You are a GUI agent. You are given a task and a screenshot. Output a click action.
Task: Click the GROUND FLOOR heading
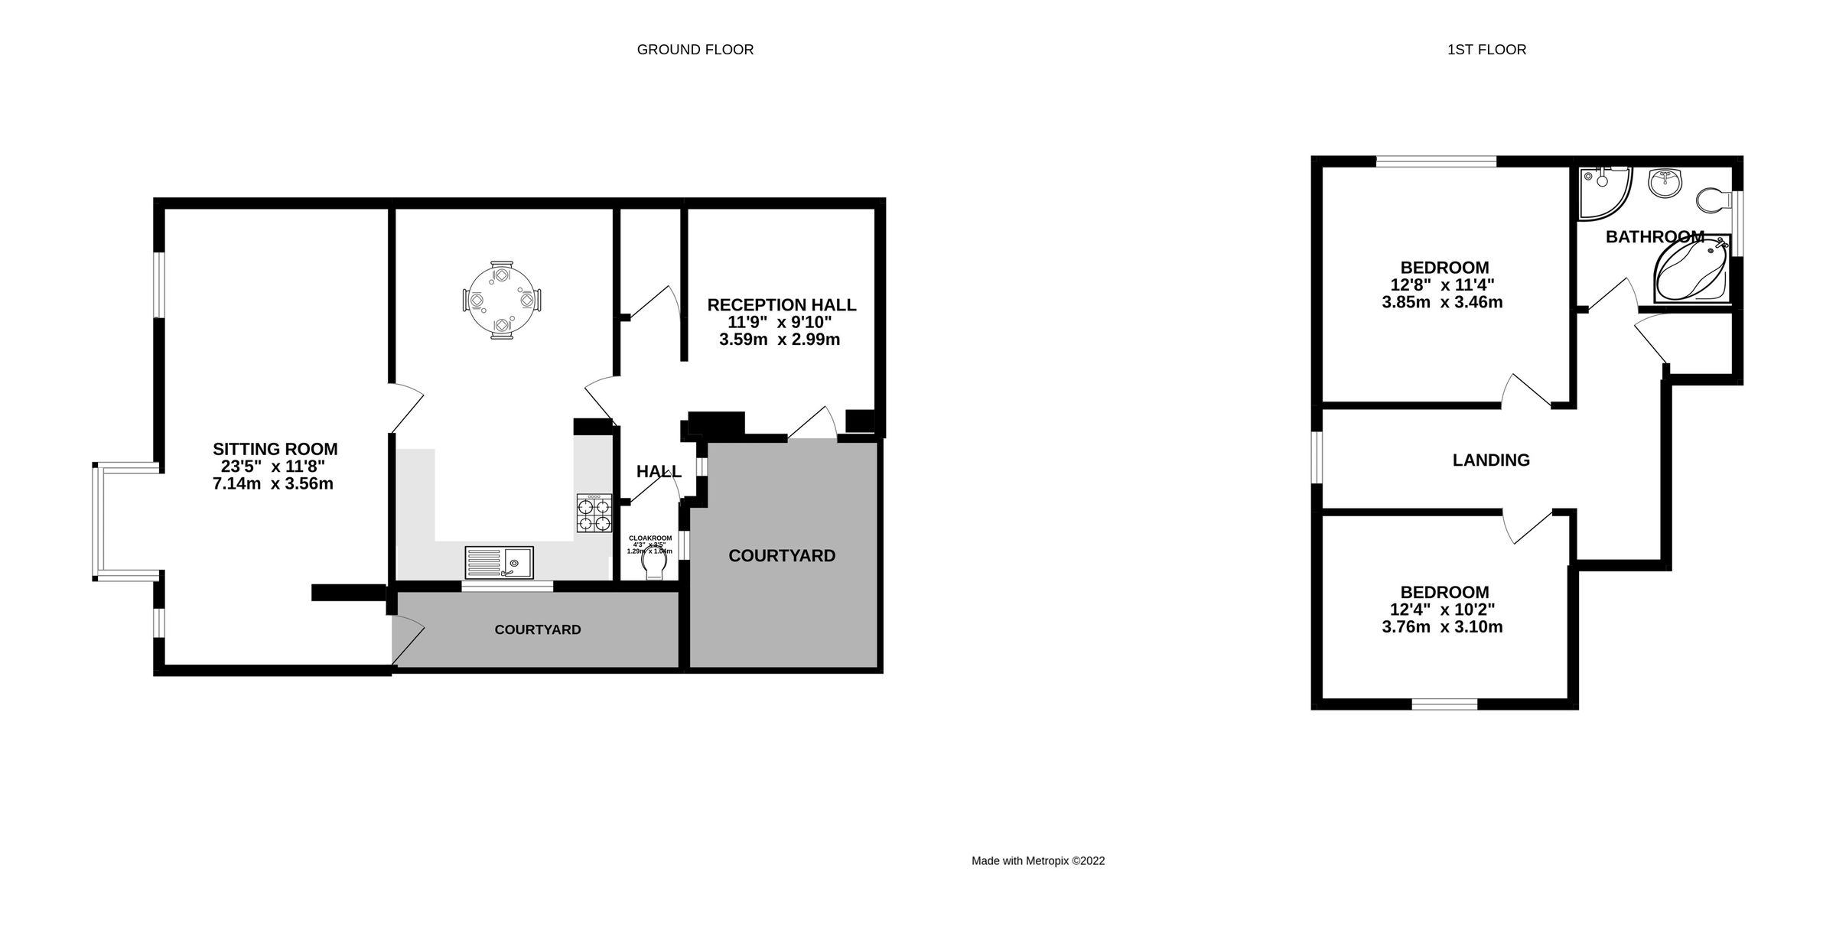click(695, 50)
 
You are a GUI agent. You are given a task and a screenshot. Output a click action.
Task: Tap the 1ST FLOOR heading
click(1486, 50)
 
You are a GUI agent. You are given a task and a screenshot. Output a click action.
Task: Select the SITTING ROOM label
click(275, 449)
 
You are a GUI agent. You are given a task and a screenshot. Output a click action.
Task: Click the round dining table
click(502, 299)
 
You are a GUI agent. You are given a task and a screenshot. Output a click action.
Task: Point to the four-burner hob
click(594, 513)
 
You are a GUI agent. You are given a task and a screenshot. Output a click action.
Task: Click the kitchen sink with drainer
click(499, 563)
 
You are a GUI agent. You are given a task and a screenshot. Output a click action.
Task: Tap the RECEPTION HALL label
click(781, 304)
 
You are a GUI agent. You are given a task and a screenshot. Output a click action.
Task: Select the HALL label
click(659, 472)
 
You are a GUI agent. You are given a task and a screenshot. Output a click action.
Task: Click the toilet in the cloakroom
click(656, 566)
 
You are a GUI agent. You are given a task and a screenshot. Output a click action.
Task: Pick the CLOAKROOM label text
click(650, 538)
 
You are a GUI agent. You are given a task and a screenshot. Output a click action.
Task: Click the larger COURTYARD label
click(782, 556)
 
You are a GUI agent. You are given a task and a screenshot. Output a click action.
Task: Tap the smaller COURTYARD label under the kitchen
click(538, 629)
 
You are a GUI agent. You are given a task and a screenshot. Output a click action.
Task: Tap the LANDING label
click(1491, 460)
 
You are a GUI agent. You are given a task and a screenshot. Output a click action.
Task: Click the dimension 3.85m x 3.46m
click(1442, 302)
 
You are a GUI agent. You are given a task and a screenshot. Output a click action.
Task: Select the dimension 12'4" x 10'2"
click(1442, 610)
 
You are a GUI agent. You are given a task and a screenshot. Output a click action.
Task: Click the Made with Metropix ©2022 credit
click(1038, 860)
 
